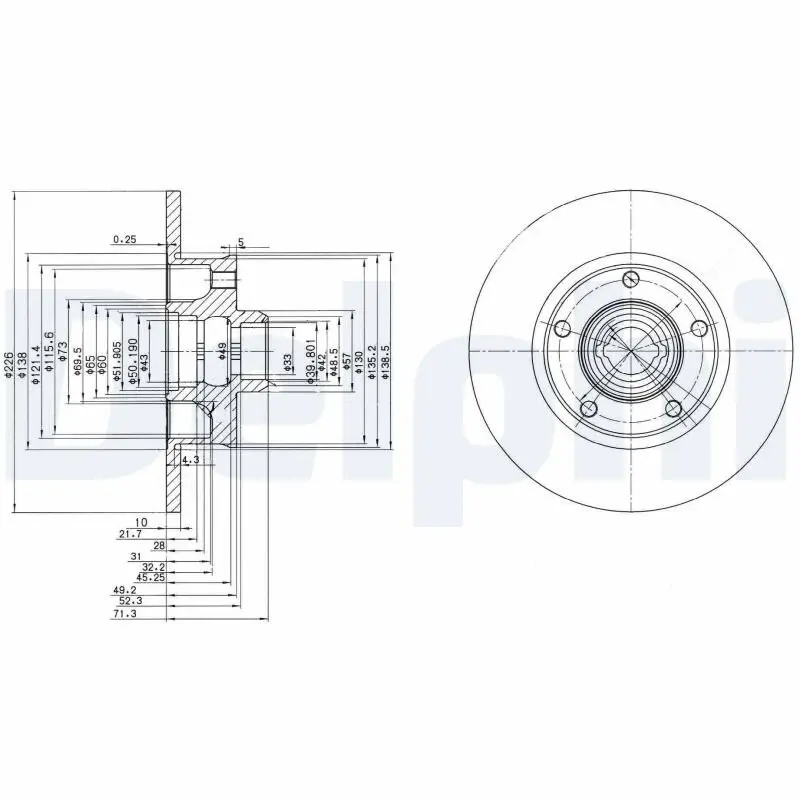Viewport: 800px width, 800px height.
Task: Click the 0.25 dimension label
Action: [x=124, y=239]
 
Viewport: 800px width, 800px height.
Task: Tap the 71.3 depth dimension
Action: [x=124, y=615]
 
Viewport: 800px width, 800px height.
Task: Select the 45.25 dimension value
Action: [x=150, y=577]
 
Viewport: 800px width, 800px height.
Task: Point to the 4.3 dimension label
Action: [x=191, y=460]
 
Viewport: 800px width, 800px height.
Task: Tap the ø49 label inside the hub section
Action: [x=221, y=350]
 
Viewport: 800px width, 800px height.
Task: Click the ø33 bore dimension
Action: [x=287, y=363]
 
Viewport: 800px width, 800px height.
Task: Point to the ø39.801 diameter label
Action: [x=311, y=355]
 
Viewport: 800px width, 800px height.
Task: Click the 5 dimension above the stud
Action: [x=241, y=243]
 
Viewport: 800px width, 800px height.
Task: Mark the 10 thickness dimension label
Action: [x=141, y=522]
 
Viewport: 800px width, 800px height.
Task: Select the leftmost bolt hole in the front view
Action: [x=561, y=329]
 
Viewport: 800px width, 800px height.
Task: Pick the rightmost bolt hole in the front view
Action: [x=699, y=328]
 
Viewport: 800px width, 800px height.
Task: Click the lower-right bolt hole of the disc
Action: [x=673, y=408]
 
